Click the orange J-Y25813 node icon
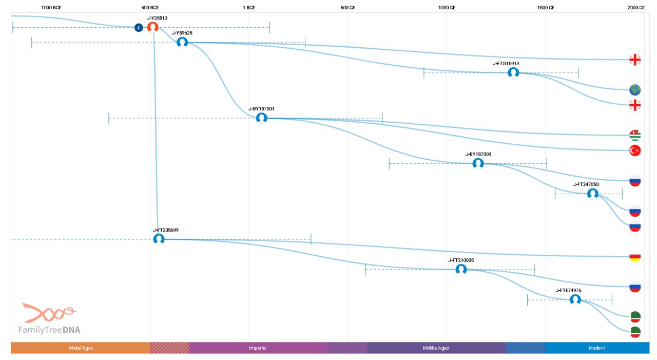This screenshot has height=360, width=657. [x=153, y=27]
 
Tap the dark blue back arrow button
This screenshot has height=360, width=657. [x=139, y=28]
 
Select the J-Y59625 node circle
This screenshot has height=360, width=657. [x=182, y=42]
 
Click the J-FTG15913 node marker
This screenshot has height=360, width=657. [x=513, y=72]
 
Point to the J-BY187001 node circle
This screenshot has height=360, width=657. [x=262, y=118]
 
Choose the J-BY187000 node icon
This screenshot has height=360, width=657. [x=478, y=163]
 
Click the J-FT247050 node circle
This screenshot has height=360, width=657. [x=593, y=194]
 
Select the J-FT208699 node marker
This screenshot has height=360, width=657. [x=159, y=239]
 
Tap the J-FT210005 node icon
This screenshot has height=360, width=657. [x=461, y=269]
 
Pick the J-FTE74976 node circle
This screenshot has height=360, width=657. [x=575, y=299]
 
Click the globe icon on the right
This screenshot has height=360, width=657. [x=635, y=90]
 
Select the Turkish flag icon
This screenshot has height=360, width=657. [x=635, y=150]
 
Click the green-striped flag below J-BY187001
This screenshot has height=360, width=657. [x=635, y=135]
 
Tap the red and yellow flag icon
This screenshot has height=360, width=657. [x=635, y=257]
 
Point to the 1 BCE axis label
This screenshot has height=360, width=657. [x=249, y=8]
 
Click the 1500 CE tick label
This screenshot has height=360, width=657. [x=546, y=8]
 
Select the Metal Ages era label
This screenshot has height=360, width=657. [x=81, y=348]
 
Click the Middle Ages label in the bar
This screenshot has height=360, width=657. [x=436, y=348]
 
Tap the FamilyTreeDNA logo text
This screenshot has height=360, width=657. [x=49, y=330]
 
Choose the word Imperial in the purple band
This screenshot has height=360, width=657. [x=258, y=348]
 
